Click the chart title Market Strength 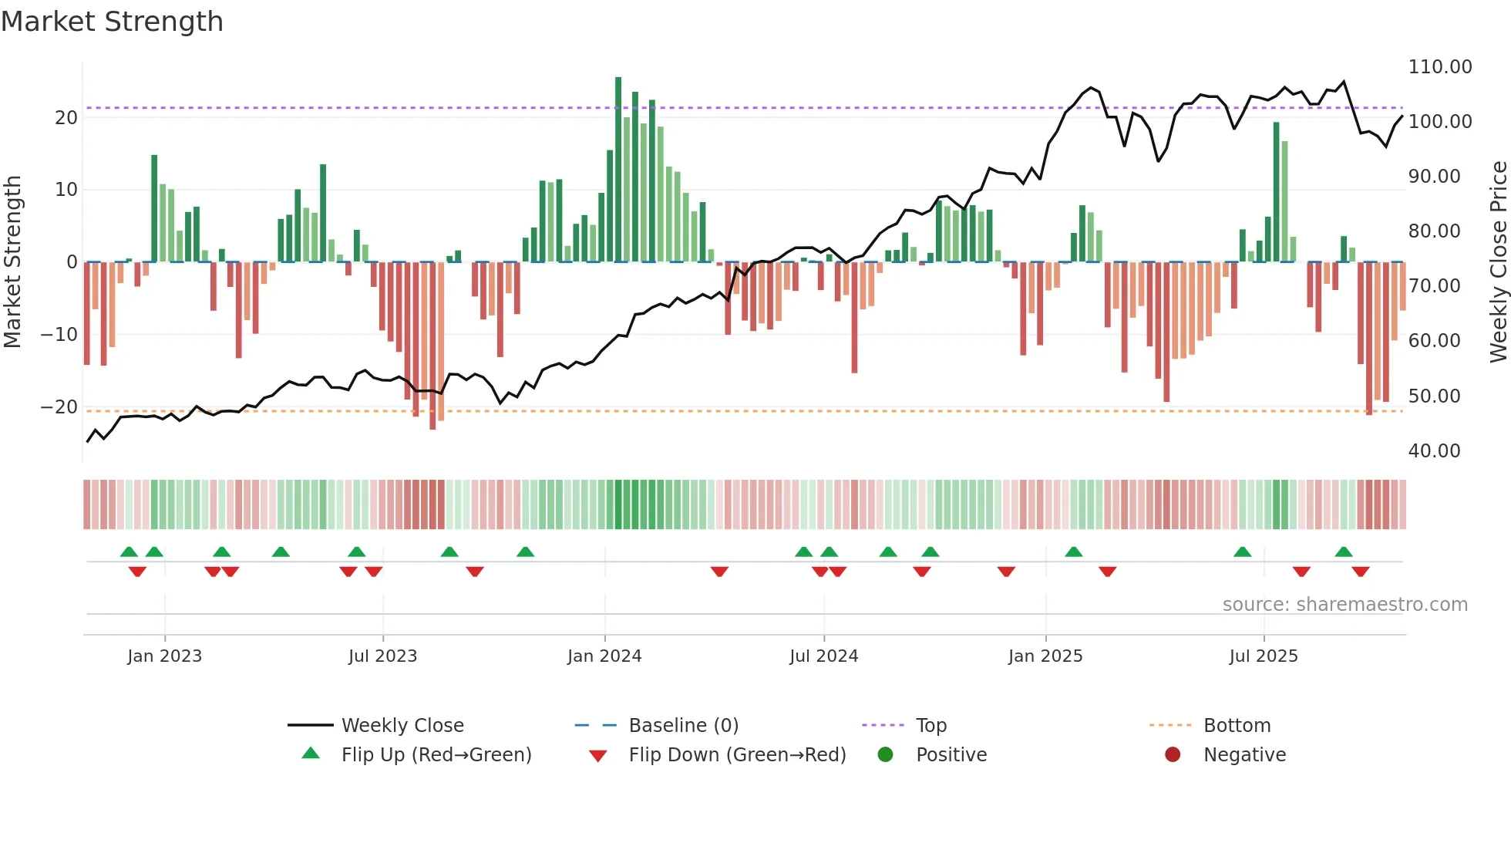(112, 22)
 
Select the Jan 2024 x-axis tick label (604, 656)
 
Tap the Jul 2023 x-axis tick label (382, 656)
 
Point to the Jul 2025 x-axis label (1263, 656)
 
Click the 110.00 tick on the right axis (1439, 67)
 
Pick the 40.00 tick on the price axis (1434, 451)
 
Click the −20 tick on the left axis (59, 407)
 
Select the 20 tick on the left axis (66, 118)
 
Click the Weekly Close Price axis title (1498, 262)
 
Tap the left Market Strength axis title (13, 262)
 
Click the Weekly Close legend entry (402, 726)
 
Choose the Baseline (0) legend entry (683, 726)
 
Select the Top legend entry (930, 726)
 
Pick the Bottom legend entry (1237, 726)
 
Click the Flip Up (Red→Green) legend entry (436, 755)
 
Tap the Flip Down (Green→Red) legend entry (736, 755)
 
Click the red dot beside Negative (1173, 754)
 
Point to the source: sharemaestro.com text (1344, 605)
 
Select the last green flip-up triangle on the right (1343, 551)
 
